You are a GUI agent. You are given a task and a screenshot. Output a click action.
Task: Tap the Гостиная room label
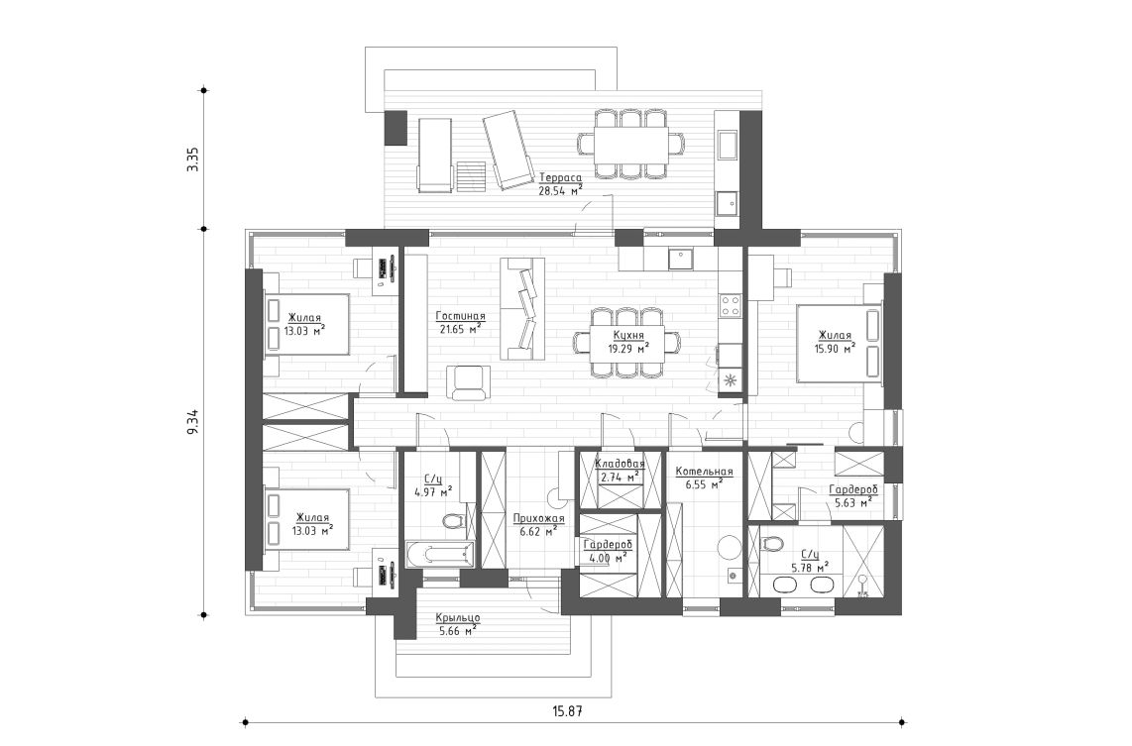458,321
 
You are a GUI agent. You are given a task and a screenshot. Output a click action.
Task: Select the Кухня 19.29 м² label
625,342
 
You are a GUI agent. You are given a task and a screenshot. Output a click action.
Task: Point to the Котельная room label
703,479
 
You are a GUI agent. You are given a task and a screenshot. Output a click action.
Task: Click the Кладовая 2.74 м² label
620,471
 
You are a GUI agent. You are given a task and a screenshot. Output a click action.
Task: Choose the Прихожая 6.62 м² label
538,524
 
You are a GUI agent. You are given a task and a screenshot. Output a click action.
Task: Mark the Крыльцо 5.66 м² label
457,622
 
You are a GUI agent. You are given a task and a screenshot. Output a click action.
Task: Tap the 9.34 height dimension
193,421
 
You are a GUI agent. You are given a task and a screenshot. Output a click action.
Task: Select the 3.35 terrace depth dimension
193,159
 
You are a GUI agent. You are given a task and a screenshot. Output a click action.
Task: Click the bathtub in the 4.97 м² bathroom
439,554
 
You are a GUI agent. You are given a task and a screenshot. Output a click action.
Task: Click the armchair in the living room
468,381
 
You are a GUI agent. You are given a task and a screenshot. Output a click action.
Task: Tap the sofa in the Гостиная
522,307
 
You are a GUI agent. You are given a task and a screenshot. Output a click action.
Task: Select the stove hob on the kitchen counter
731,305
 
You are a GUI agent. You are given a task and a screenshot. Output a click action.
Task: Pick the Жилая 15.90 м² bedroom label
835,342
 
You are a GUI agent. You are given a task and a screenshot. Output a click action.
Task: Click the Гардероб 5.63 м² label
850,496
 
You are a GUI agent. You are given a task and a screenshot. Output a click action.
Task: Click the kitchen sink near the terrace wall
680,259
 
